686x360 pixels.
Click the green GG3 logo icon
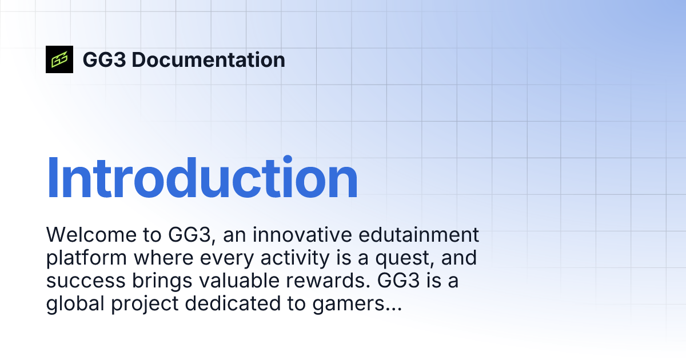click(x=59, y=59)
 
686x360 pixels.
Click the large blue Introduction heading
click(x=202, y=178)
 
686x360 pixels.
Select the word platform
click(x=86, y=258)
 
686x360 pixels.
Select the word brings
click(x=153, y=282)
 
